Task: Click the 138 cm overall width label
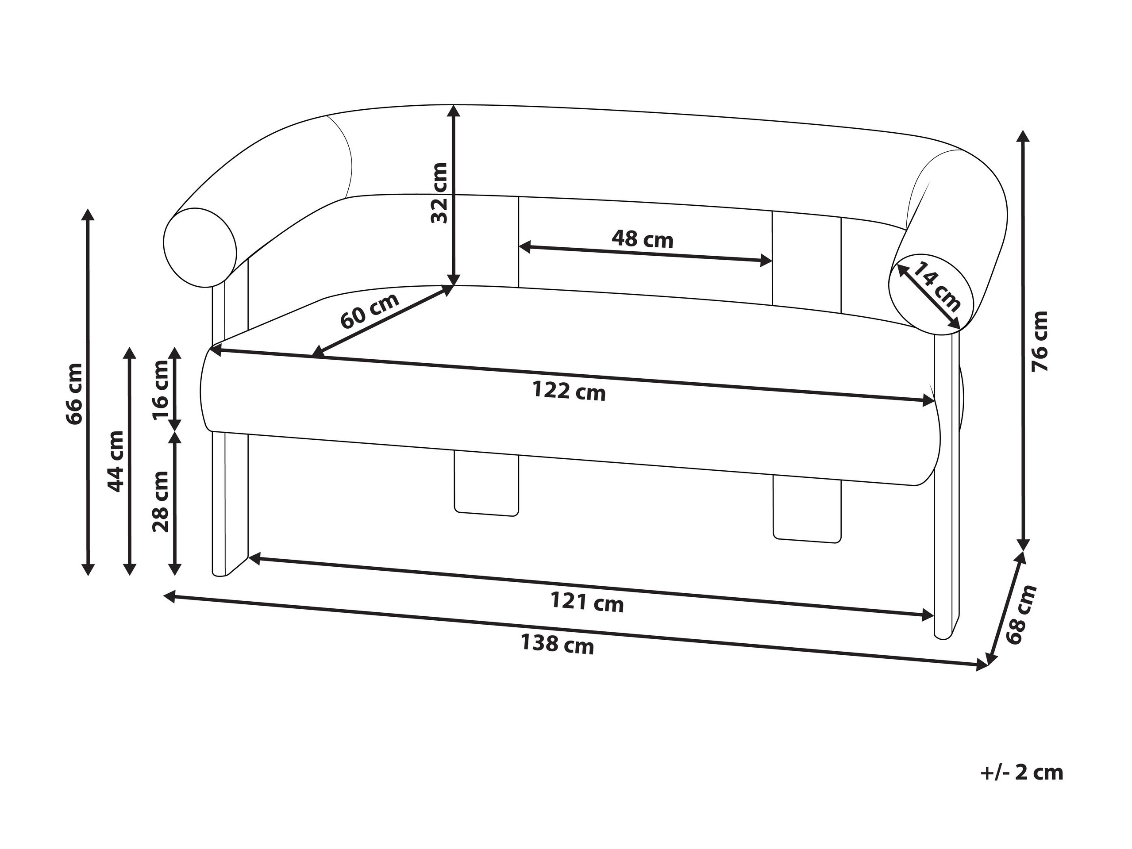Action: (557, 644)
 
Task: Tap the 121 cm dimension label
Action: (587, 602)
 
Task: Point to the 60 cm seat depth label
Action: (370, 311)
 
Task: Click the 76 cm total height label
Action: (1039, 342)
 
